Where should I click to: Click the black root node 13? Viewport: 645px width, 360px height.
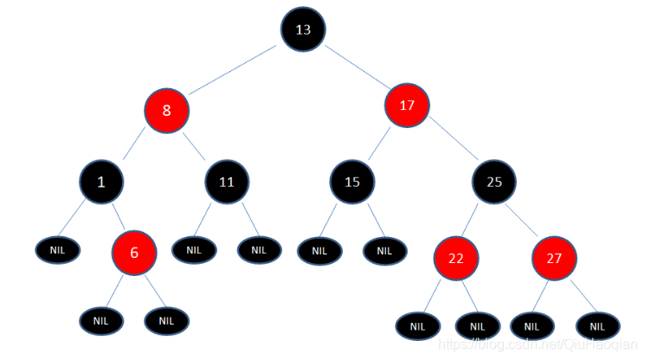303,29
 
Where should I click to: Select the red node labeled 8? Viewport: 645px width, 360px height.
166,110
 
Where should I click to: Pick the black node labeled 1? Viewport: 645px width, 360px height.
100,182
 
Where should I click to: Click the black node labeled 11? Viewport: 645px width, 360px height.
227,182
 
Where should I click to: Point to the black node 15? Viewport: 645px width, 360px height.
352,182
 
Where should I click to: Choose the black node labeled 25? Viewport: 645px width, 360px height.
494,182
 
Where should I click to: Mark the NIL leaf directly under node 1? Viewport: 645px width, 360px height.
57,249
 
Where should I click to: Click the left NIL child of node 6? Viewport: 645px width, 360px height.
101,321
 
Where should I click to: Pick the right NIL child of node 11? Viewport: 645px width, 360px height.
259,250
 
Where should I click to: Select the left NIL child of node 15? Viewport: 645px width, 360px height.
319,252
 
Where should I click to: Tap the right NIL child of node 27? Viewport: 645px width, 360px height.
597,326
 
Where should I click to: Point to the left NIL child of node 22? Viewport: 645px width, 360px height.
417,326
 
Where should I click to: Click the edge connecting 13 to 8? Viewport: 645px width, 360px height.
234,69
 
